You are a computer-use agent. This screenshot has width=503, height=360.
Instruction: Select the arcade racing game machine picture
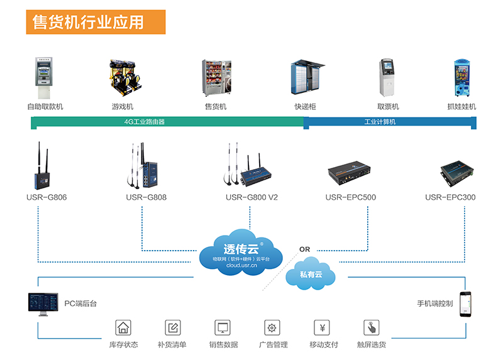123,79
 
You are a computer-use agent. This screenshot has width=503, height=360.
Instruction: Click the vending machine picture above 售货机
216,79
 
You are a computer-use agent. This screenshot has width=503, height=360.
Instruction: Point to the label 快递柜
305,107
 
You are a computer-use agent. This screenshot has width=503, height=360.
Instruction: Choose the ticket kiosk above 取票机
387,79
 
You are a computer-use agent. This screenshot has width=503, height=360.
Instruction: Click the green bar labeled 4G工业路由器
167,122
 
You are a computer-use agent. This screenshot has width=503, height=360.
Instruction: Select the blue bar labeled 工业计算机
389,122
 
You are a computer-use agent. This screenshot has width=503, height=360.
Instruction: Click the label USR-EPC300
450,197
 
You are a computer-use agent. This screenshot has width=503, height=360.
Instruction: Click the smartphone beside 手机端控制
465,304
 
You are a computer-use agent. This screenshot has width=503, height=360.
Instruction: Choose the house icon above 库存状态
123,327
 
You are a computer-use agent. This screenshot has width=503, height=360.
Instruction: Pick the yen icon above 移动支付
322,327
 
